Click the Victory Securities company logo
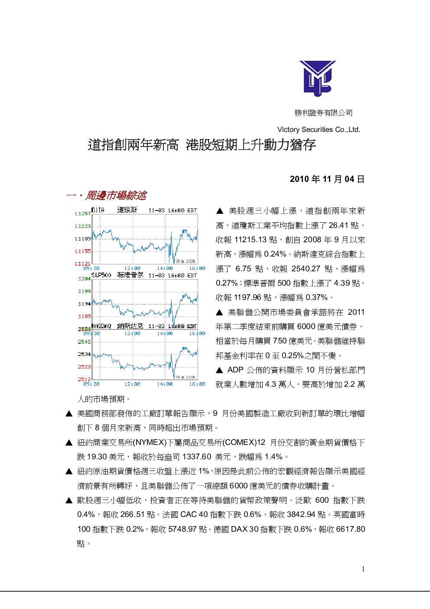318,79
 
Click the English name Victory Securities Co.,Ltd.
319,130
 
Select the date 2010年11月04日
327,179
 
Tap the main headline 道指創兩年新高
133,145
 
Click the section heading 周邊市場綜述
116,195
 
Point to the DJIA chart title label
98,210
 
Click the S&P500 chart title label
101,275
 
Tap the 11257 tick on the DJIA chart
83,214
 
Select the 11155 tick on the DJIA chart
83,251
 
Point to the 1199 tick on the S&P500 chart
85,291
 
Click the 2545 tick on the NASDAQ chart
85,342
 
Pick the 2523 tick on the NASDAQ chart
85,366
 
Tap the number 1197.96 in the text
248,297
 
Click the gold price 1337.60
197,457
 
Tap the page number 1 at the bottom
363,569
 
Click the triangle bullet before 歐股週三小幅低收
69,500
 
